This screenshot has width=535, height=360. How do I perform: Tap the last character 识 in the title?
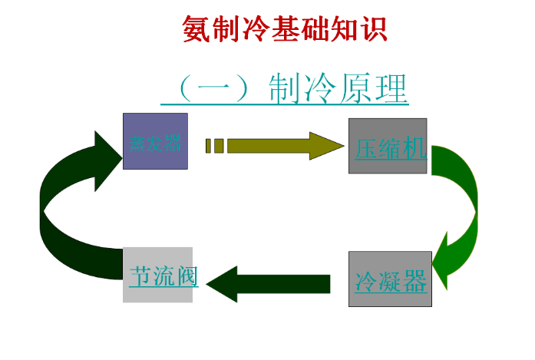click(374, 29)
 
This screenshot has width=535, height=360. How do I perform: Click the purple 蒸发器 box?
click(155, 141)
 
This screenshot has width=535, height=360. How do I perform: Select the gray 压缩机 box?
click(388, 146)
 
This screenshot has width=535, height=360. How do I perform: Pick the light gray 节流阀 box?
click(157, 275)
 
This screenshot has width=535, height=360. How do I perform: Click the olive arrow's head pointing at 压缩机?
click(326, 146)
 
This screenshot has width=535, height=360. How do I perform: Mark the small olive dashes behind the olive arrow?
click(214, 146)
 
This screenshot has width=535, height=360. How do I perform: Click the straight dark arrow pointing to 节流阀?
click(269, 283)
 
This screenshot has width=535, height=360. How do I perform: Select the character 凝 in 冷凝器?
click(391, 281)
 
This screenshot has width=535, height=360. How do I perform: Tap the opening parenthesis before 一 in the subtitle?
click(183, 90)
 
